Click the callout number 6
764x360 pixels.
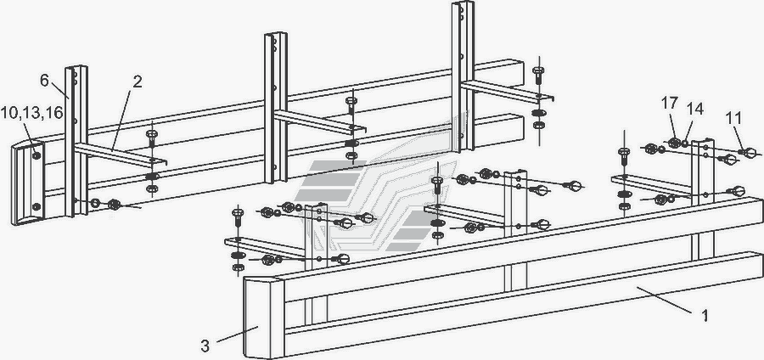click(44, 81)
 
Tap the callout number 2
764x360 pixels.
click(137, 82)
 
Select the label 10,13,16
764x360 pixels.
click(31, 113)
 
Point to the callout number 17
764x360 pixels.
click(670, 104)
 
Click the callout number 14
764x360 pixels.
click(695, 110)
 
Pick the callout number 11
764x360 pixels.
click(733, 118)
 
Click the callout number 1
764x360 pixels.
click(705, 316)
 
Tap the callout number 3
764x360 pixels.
click(205, 346)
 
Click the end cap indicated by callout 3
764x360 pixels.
click(264, 318)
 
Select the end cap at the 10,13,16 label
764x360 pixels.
click(28, 183)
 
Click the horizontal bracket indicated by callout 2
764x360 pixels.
click(121, 155)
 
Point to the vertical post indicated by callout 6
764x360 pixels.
click(76, 141)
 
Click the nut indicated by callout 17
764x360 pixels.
click(674, 143)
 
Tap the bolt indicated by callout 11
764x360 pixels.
click(748, 154)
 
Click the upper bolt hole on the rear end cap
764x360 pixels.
click(37, 156)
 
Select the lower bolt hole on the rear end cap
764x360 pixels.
click(36, 206)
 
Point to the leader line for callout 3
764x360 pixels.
click(237, 335)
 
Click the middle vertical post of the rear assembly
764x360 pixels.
click(276, 108)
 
